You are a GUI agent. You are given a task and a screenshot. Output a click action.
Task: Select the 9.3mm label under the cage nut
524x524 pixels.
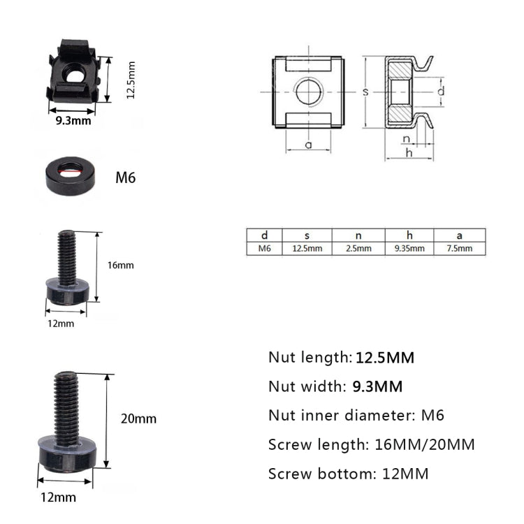pos(73,121)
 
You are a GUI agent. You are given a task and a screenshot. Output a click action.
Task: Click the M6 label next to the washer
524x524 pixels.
pos(125,177)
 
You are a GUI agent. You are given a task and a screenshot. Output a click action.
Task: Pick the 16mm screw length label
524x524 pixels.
pos(120,265)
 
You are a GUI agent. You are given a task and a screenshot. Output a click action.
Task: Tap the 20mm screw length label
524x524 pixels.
pos(138,419)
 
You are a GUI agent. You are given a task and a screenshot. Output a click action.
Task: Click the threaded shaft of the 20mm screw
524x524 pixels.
pos(68,405)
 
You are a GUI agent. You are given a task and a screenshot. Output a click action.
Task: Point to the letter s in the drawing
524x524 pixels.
pos(365,92)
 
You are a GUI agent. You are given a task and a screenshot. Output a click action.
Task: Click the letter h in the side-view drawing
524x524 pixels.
pos(409,152)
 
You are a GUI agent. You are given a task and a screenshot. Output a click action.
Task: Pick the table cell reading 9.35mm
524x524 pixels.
pos(409,248)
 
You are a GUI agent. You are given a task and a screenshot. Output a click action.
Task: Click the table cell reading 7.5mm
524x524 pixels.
pos(459,248)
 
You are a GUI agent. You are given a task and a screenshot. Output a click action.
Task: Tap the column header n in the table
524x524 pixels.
pos(358,235)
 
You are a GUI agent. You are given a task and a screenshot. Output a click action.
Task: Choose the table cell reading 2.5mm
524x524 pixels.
pos(358,248)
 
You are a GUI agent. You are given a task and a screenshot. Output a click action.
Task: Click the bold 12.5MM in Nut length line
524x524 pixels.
pos(385,358)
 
